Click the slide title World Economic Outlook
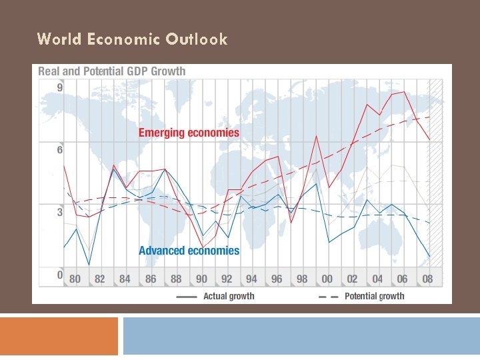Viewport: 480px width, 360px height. (x=132, y=39)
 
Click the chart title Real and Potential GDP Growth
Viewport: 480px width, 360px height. (x=112, y=71)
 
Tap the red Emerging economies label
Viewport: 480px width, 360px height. (x=189, y=133)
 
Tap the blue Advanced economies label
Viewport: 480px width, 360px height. (x=189, y=251)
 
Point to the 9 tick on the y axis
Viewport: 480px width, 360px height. (x=60, y=87)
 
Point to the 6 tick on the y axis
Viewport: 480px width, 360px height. (x=60, y=150)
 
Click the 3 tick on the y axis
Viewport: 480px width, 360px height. (x=60, y=213)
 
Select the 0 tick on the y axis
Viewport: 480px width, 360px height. (x=60, y=275)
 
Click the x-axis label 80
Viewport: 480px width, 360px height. (x=75, y=279)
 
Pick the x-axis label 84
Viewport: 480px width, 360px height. (x=125, y=279)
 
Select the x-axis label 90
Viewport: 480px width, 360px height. (x=201, y=279)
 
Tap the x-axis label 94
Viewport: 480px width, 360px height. (x=251, y=279)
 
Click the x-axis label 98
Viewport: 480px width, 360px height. (x=302, y=279)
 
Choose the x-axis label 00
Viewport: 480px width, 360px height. (x=327, y=279)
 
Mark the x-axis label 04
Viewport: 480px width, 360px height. (x=377, y=279)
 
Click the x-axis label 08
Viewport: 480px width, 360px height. (x=427, y=279)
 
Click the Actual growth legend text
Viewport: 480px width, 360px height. (x=229, y=296)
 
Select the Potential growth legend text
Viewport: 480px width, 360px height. (x=374, y=296)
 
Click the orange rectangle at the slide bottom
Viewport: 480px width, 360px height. (x=59, y=336)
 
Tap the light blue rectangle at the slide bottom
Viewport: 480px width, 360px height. (x=301, y=336)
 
